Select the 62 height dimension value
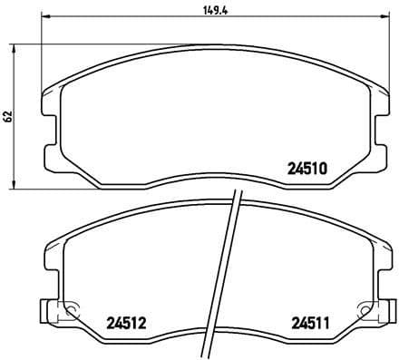coord(9,116)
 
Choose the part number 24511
coord(310,321)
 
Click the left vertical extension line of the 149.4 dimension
coord(45,54)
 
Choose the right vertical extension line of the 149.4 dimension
coord(385,54)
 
